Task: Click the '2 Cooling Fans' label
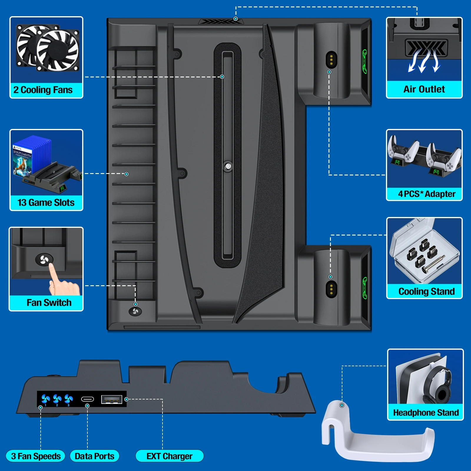(43, 90)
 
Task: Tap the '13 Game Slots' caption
(46, 203)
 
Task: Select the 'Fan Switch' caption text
(49, 303)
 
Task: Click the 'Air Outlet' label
(424, 89)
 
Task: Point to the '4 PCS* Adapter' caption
(427, 194)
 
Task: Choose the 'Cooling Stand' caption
(426, 291)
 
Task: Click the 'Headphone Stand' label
(426, 413)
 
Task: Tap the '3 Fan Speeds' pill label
(36, 456)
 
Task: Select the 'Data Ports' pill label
(94, 456)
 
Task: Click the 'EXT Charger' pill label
(169, 456)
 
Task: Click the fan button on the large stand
(135, 311)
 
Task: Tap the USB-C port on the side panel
(87, 399)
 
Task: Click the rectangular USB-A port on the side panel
(112, 399)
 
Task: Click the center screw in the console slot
(228, 167)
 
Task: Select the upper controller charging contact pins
(331, 60)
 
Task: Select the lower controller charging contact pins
(331, 289)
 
